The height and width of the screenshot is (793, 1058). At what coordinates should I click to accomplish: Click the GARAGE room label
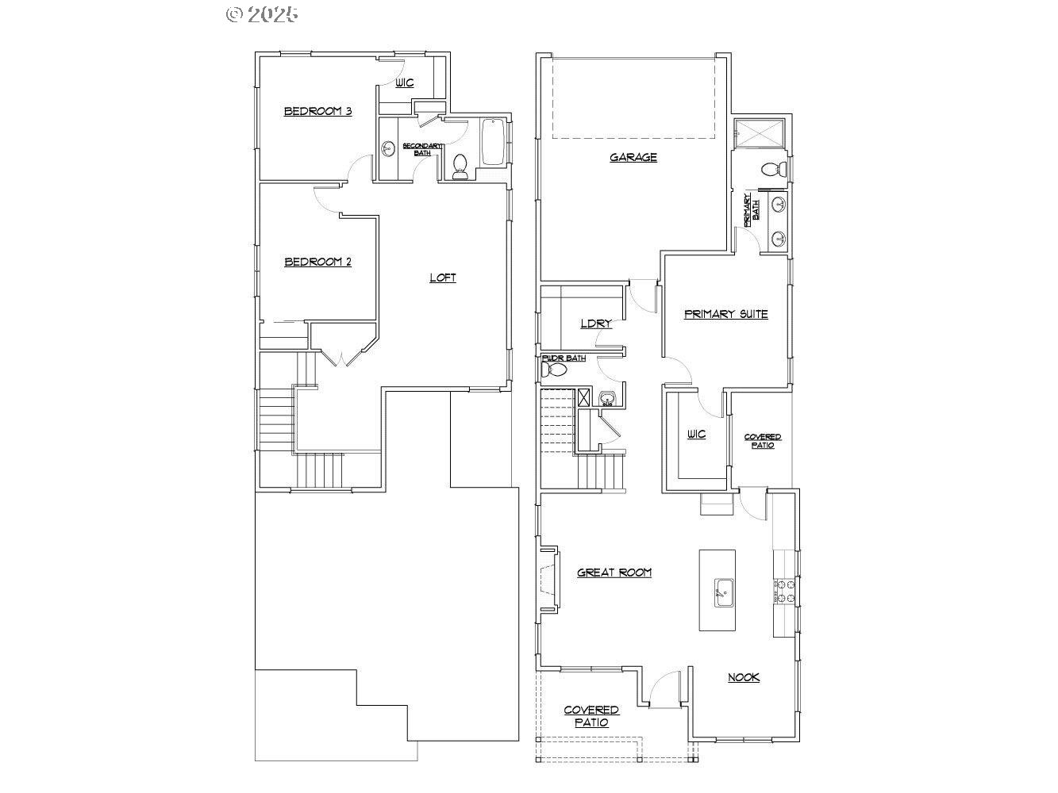click(x=633, y=157)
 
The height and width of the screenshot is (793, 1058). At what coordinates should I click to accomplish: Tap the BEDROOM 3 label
click(x=317, y=111)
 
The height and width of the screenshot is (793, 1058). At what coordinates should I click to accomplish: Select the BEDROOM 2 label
click(x=317, y=262)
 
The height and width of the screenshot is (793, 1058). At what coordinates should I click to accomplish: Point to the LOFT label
click(x=442, y=278)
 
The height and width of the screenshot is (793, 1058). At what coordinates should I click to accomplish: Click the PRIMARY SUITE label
click(x=725, y=314)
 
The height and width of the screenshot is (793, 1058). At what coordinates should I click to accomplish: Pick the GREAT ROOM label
click(x=614, y=572)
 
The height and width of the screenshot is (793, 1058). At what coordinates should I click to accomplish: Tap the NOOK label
click(x=744, y=677)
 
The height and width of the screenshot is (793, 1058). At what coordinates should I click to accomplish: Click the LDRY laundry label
click(x=595, y=324)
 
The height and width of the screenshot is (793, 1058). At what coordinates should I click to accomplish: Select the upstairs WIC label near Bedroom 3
click(x=405, y=82)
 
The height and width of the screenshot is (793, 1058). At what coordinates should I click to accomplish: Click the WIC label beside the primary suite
click(x=695, y=435)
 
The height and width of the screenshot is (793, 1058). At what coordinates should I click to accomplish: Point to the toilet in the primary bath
click(x=772, y=169)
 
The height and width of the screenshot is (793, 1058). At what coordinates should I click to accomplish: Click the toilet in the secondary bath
click(x=460, y=166)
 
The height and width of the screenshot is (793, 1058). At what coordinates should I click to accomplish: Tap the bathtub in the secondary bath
click(x=492, y=142)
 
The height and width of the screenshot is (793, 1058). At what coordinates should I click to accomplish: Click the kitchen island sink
click(x=723, y=592)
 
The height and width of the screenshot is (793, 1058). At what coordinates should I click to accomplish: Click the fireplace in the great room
click(x=548, y=578)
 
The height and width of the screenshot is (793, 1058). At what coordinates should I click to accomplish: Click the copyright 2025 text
click(x=262, y=13)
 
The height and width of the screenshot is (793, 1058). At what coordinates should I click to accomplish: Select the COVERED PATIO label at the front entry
click(x=591, y=716)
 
